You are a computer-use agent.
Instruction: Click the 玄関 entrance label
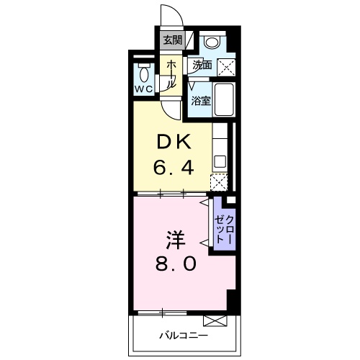(171, 40)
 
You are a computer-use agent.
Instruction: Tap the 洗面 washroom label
(202, 65)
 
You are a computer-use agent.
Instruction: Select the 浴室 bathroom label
(200, 101)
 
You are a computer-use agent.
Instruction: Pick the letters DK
(173, 143)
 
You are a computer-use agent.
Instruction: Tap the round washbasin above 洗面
(211, 42)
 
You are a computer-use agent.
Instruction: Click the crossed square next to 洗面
(227, 67)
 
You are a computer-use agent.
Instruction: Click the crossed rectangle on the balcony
(215, 320)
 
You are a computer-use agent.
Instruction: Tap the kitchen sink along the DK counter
(220, 161)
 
